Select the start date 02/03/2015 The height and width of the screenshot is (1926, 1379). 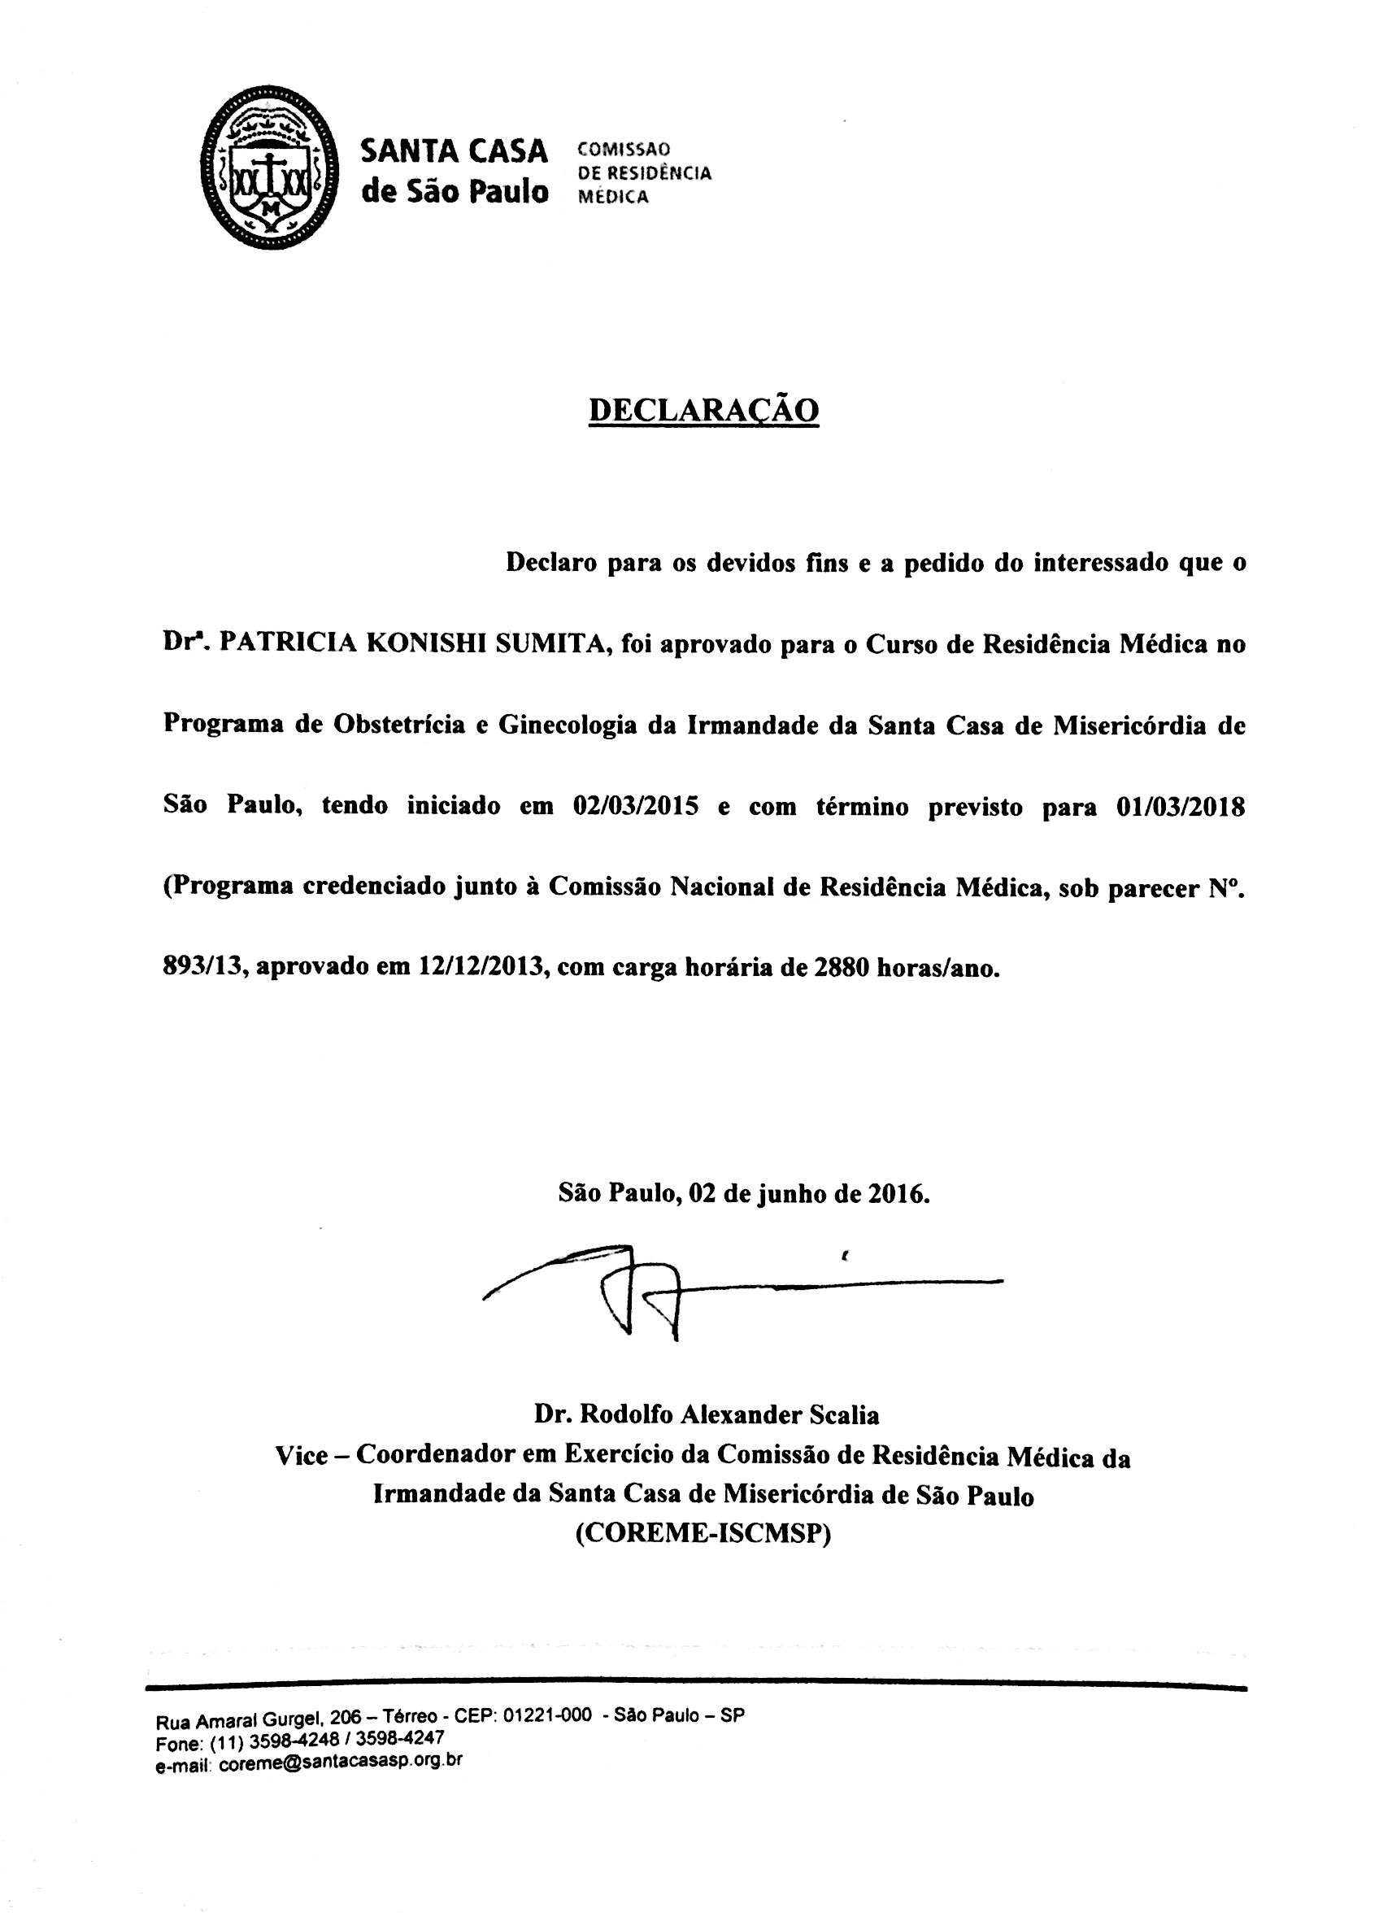click(636, 805)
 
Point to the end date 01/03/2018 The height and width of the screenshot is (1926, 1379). click(1177, 805)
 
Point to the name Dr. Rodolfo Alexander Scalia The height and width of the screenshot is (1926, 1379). click(707, 1414)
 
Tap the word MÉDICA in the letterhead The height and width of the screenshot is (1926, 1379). click(613, 197)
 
